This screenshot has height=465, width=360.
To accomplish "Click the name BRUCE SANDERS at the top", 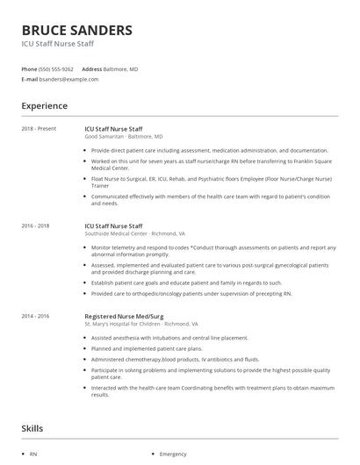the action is (x=77, y=30).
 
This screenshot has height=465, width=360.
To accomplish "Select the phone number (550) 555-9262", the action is (x=57, y=68).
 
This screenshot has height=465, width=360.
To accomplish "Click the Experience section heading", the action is (x=44, y=106).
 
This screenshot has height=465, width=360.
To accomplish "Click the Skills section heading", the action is (x=33, y=428).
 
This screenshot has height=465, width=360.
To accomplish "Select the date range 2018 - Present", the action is (x=39, y=129).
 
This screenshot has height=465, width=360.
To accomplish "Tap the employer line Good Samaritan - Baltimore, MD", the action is (x=123, y=137).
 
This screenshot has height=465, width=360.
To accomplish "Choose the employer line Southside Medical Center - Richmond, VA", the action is (x=134, y=234).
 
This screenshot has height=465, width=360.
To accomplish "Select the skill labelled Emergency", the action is (x=173, y=454).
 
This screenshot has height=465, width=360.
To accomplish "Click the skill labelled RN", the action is (x=32, y=454).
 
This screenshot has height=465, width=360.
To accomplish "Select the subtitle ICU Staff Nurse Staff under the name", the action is (x=58, y=44).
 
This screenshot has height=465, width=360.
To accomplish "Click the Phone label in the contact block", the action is (x=29, y=68).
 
